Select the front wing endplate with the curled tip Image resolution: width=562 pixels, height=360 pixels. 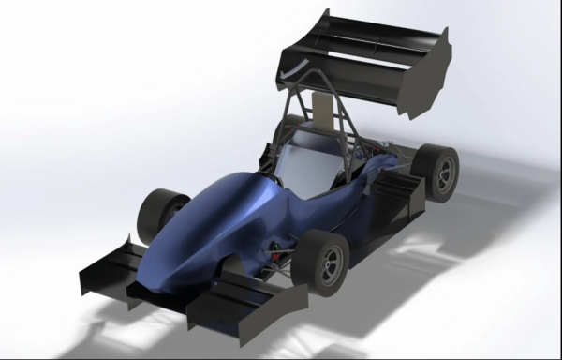102,267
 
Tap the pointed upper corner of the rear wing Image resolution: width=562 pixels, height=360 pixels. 328,12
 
